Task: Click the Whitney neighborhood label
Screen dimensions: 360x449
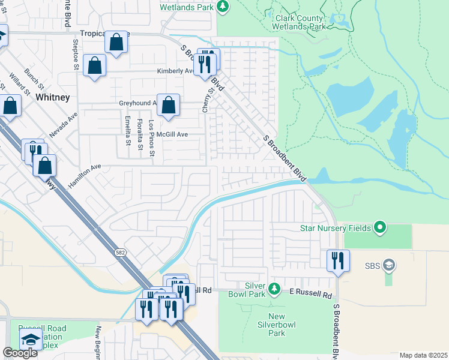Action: [53, 97]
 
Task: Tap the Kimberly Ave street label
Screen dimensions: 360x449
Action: [175, 71]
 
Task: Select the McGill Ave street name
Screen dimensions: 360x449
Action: [173, 134]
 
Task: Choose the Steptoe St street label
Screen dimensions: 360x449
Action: [76, 52]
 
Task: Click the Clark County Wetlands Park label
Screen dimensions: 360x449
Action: [300, 22]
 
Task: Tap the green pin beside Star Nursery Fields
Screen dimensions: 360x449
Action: [379, 227]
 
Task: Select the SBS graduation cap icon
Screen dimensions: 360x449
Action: [388, 265]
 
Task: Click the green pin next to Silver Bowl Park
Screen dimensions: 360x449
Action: [274, 289]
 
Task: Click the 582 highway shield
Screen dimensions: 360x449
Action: [121, 254]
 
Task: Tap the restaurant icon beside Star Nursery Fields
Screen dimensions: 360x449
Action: [338, 260]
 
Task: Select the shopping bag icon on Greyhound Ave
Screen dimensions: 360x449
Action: [169, 105]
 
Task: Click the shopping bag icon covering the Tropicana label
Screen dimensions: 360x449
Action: [117, 42]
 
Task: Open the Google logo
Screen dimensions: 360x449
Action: [20, 353]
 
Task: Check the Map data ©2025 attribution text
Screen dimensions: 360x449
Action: [423, 355]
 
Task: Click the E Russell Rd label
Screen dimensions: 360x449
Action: [310, 296]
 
